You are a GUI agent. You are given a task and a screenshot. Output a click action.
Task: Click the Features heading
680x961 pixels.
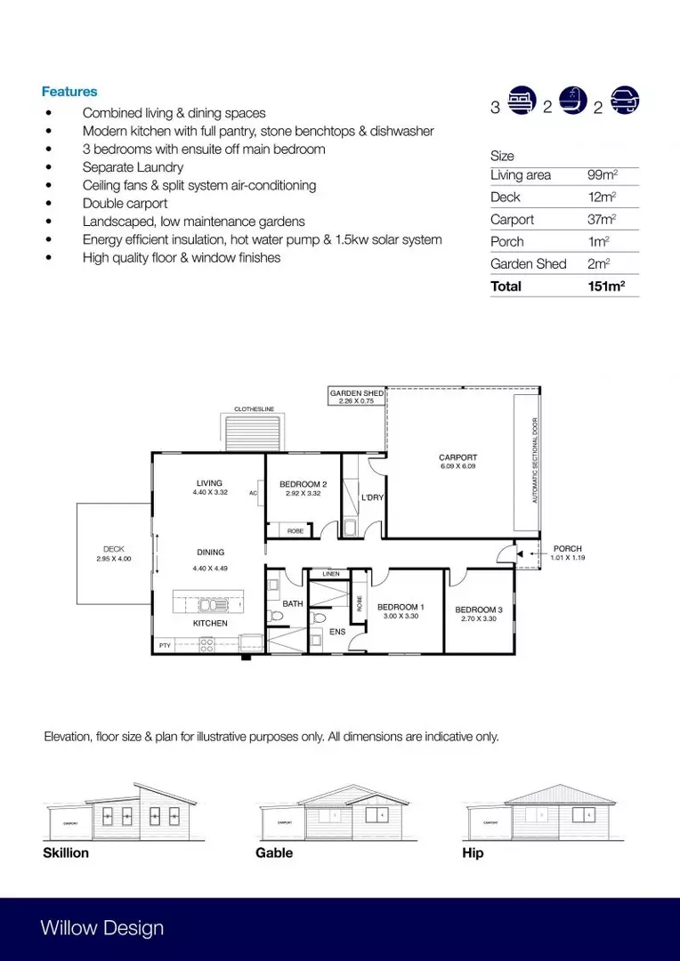pyautogui.click(x=69, y=92)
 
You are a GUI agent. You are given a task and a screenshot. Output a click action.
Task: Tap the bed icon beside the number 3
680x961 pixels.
pyautogui.click(x=520, y=102)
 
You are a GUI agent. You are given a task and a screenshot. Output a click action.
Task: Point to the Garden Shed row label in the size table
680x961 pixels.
pyautogui.click(x=528, y=264)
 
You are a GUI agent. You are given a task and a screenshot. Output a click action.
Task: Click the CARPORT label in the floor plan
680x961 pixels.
pyautogui.click(x=457, y=458)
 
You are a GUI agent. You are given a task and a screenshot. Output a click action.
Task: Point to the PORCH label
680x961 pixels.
pyautogui.click(x=568, y=549)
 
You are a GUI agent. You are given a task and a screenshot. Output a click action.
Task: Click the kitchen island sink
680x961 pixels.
pyautogui.click(x=213, y=605)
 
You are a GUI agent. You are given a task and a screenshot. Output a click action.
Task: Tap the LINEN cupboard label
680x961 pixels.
pyautogui.click(x=329, y=575)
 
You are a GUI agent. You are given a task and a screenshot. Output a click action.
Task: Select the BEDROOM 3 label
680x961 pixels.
pyautogui.click(x=479, y=610)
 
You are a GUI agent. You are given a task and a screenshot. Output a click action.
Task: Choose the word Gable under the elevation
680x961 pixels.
pyautogui.click(x=273, y=852)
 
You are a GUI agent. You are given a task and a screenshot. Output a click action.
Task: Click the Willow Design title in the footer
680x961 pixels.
pyautogui.click(x=101, y=928)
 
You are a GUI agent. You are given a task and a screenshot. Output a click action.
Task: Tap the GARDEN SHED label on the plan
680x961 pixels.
pyautogui.click(x=357, y=393)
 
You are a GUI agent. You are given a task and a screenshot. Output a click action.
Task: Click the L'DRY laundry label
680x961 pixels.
pyautogui.click(x=372, y=497)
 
